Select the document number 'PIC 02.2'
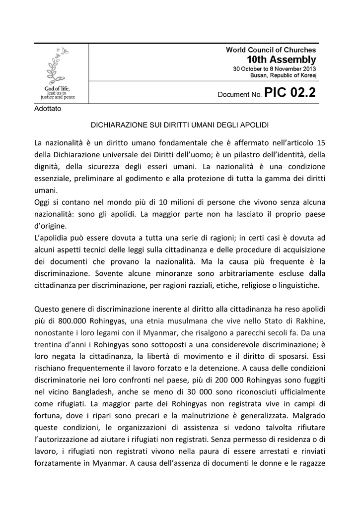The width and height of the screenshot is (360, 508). [x=289, y=93]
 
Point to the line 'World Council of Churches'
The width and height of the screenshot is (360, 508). [x=271, y=50]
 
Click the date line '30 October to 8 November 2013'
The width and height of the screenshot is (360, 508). [x=275, y=68]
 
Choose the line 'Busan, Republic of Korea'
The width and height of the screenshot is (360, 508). [x=283, y=75]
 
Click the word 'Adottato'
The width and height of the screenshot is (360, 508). [x=48, y=109]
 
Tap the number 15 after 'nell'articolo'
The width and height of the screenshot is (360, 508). [x=320, y=142]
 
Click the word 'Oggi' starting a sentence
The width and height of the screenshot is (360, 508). [x=42, y=202]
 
